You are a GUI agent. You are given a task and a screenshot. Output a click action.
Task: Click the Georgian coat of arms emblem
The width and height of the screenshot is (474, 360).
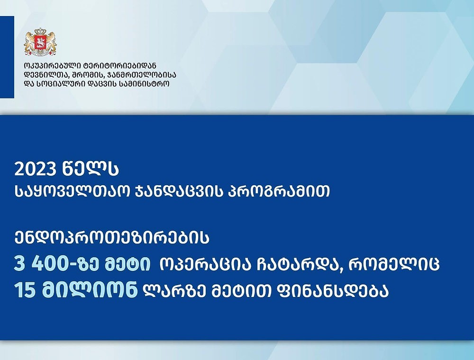[40, 42]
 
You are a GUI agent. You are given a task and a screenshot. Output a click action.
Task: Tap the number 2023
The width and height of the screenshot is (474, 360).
[36, 170]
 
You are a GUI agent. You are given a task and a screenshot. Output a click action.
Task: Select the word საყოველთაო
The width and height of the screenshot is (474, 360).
[73, 191]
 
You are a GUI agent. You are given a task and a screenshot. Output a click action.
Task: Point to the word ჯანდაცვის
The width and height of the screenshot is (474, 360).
[179, 191]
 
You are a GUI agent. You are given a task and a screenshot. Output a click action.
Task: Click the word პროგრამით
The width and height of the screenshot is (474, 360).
[278, 191]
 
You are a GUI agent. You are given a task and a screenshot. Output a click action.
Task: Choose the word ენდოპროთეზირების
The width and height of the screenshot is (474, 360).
[112, 237]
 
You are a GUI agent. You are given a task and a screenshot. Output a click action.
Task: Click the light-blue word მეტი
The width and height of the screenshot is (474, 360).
[127, 264]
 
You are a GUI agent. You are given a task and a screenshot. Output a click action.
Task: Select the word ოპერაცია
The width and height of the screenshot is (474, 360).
[205, 264]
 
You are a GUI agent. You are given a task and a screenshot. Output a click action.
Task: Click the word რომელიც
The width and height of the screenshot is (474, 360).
[393, 264]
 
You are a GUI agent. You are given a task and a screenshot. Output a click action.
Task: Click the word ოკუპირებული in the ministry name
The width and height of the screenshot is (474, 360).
[53, 65]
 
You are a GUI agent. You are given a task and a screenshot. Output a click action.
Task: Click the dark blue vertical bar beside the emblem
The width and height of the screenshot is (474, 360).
[7, 57]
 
